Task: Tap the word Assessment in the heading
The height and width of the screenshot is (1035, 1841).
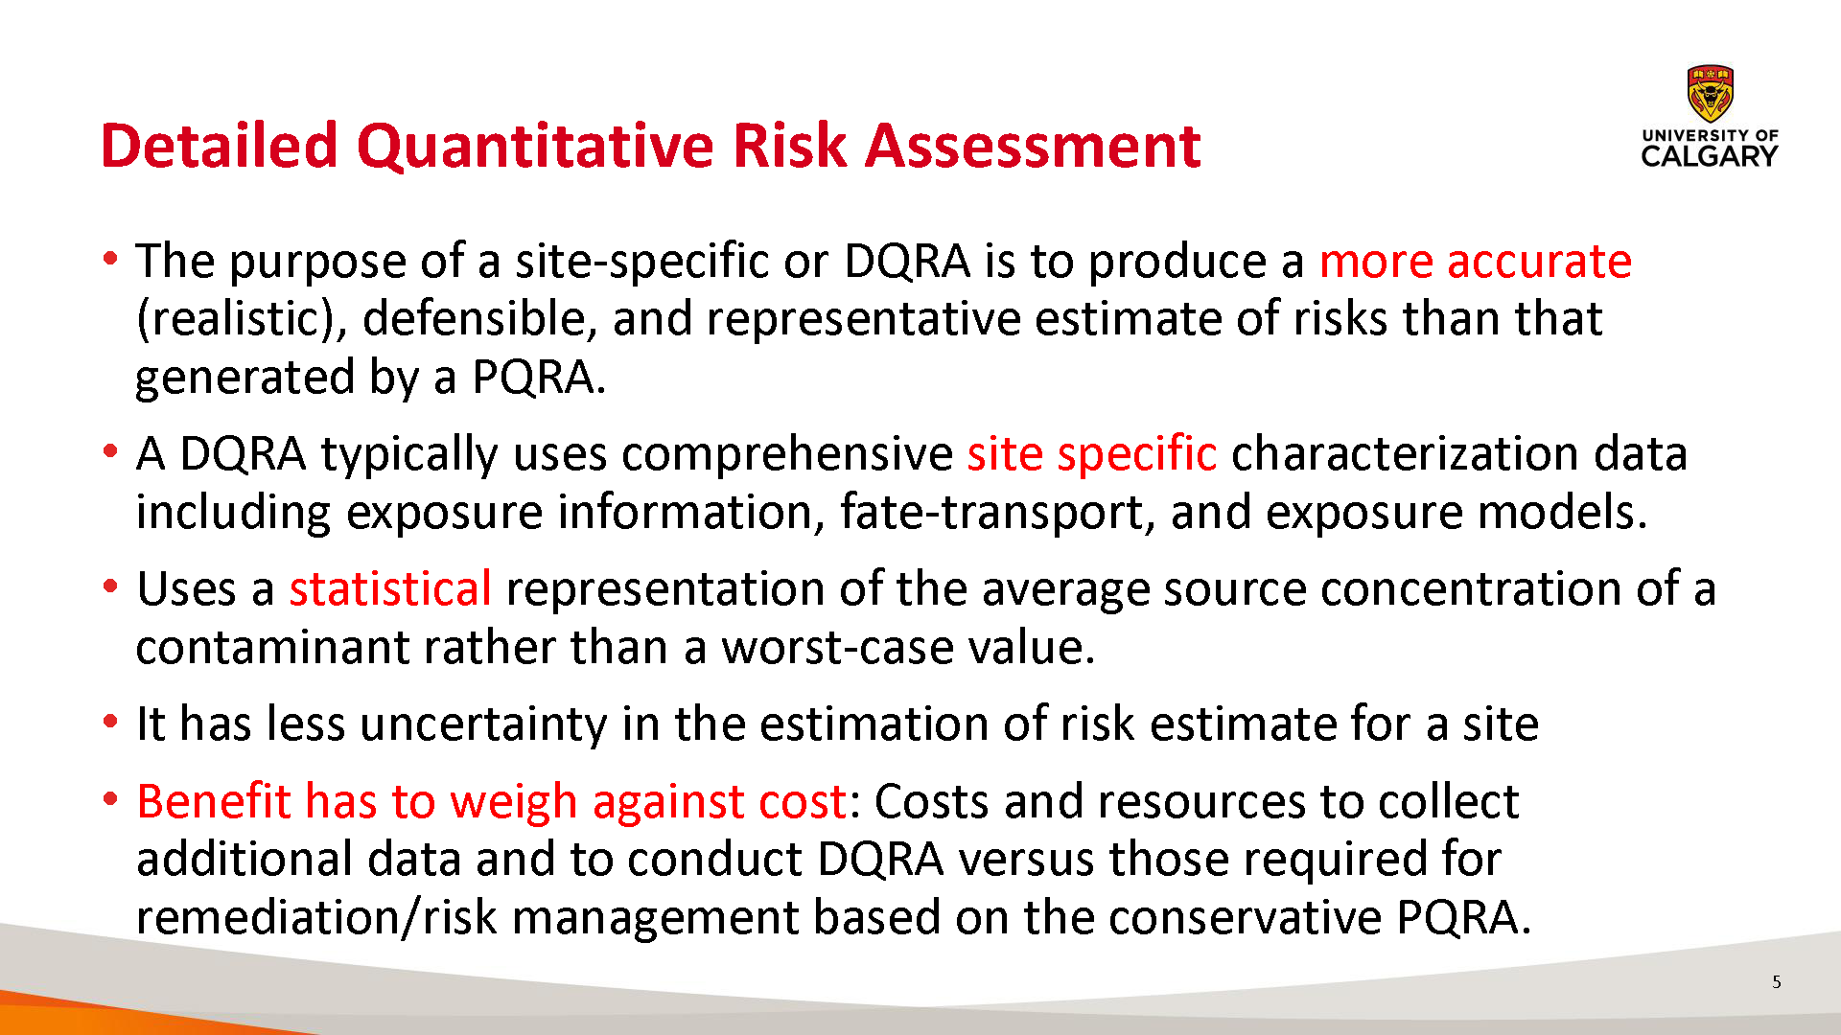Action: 1034,147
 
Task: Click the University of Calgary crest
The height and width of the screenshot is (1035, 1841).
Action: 1710,93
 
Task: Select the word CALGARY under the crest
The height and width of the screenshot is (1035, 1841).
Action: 1710,156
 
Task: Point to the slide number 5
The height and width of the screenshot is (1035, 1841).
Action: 1777,981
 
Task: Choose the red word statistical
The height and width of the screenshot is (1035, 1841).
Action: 390,588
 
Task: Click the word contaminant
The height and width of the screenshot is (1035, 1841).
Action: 272,648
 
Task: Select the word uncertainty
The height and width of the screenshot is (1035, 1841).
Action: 483,724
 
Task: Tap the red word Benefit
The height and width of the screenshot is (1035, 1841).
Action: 214,801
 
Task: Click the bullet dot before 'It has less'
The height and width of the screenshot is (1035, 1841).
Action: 111,721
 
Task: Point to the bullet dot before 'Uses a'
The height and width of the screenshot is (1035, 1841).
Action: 111,586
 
